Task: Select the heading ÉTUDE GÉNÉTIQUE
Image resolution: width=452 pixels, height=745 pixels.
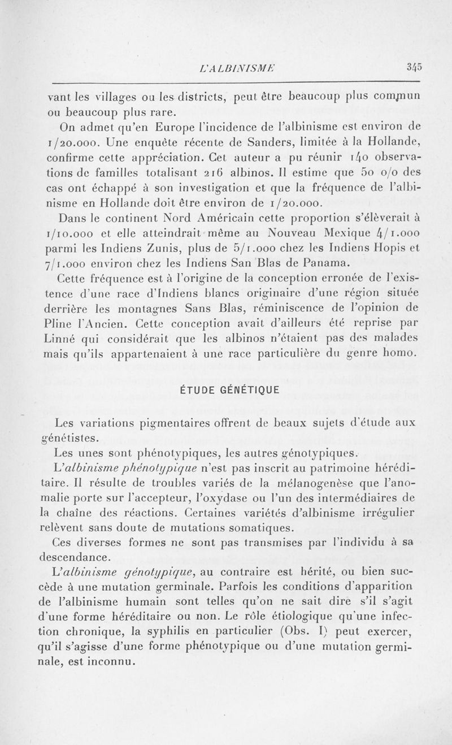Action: click(x=226, y=390)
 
